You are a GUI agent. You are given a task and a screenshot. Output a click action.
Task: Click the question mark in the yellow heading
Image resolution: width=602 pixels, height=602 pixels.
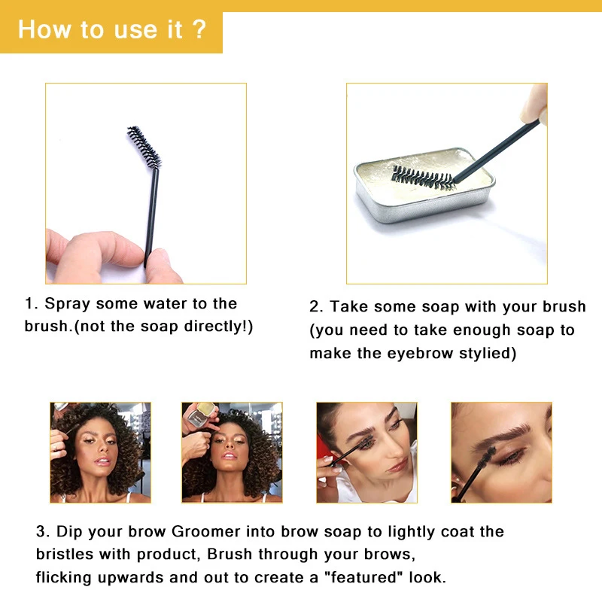click(x=199, y=31)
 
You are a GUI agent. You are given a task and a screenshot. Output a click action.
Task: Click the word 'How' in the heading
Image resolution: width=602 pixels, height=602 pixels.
click(x=39, y=31)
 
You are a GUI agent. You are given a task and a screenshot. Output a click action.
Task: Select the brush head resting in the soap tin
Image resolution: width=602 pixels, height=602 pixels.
click(x=422, y=178)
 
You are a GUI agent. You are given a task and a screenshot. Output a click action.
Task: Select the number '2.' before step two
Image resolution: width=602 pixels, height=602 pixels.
click(x=317, y=307)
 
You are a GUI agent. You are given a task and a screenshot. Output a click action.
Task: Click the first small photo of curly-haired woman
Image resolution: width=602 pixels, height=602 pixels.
click(x=100, y=451)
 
